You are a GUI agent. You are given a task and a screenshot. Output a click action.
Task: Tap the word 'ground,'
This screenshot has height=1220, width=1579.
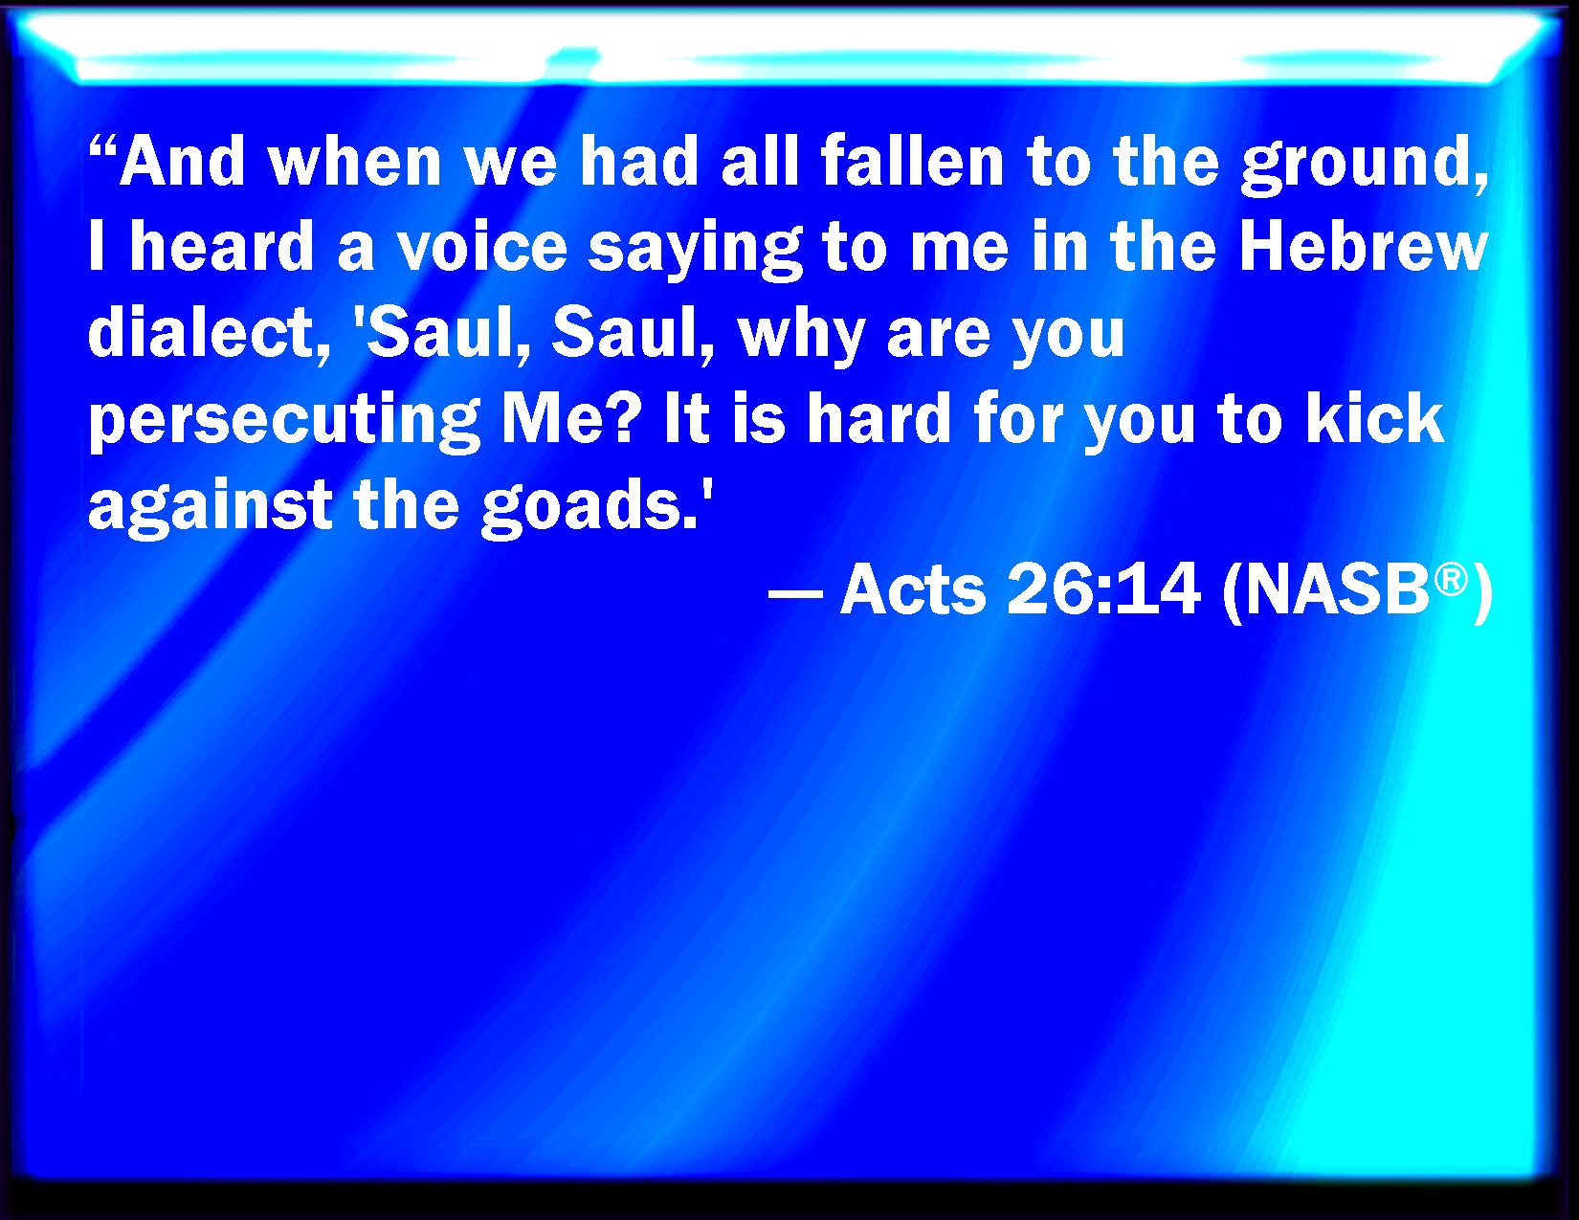[x=1365, y=165]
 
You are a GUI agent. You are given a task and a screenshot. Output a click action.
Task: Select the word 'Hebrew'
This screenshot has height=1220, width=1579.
[x=1363, y=246]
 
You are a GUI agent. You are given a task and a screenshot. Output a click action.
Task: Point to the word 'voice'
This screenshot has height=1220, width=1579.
[x=481, y=247]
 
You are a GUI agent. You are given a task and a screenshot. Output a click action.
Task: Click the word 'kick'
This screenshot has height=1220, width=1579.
[x=1374, y=417]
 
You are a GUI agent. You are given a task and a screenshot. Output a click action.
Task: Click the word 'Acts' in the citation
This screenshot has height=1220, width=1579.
[x=913, y=589]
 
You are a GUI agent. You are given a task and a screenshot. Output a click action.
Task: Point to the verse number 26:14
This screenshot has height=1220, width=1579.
[x=1103, y=589]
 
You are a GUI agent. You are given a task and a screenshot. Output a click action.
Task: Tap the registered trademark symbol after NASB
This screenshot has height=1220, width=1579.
[x=1451, y=580]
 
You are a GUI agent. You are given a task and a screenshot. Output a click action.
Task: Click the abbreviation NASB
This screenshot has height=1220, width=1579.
[x=1337, y=589]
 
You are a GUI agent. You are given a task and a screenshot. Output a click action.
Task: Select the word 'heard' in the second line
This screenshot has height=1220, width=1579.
[x=222, y=246]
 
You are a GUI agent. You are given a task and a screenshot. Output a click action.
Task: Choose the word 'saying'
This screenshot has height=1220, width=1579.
[x=695, y=252]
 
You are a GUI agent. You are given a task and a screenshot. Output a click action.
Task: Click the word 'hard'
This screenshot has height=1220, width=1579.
[x=879, y=417]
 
